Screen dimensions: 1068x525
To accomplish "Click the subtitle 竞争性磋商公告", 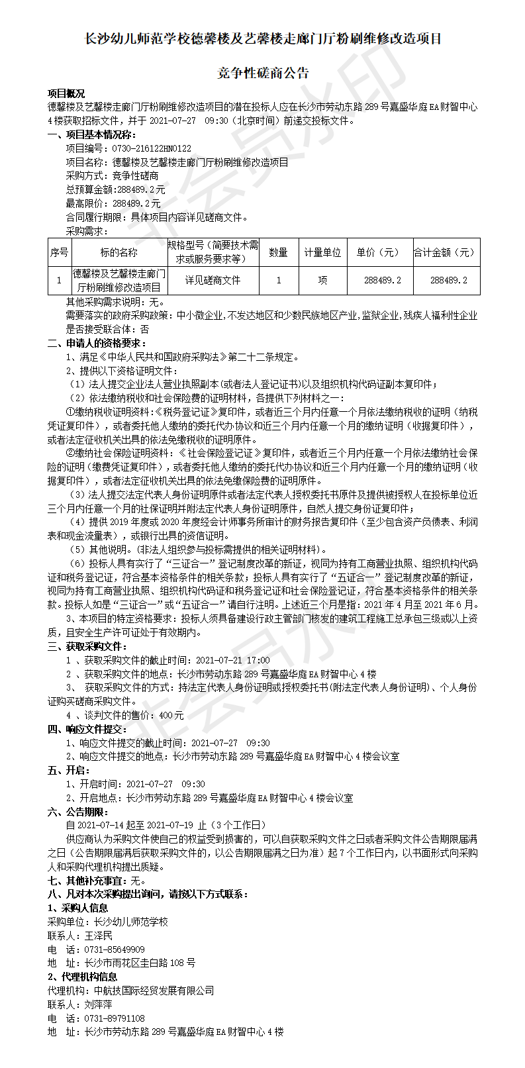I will pyautogui.click(x=263, y=73).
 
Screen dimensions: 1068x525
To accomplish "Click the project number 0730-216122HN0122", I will pyautogui.click(x=153, y=148).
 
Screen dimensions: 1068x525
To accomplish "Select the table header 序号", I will pyautogui.click(x=60, y=252).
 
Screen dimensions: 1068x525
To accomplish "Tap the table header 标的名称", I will pyautogui.click(x=119, y=252).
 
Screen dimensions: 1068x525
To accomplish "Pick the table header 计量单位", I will pyautogui.click(x=322, y=252).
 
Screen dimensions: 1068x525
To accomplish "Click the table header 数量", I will pyautogui.click(x=279, y=252).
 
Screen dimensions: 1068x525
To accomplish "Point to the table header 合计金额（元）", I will pyautogui.click(x=446, y=252).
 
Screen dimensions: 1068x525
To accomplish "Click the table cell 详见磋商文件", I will pyautogui.click(x=213, y=280).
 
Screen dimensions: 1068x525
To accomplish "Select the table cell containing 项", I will pyautogui.click(x=322, y=280).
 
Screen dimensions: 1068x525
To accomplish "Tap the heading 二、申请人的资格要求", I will pyautogui.click(x=97, y=343).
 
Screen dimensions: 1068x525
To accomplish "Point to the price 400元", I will pyautogui.click(x=171, y=715).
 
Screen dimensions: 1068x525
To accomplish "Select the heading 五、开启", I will pyautogui.click(x=68, y=770).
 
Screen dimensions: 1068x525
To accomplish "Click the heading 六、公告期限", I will pyautogui.click(x=77, y=812).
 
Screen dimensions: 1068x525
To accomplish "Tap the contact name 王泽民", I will pyautogui.click(x=99, y=936).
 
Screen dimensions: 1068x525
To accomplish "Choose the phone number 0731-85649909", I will pyautogui.click(x=115, y=949).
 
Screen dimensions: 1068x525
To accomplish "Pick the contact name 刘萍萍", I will pyautogui.click(x=99, y=1004).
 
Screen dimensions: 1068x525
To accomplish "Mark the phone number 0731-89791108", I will pyautogui.click(x=115, y=1018).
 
